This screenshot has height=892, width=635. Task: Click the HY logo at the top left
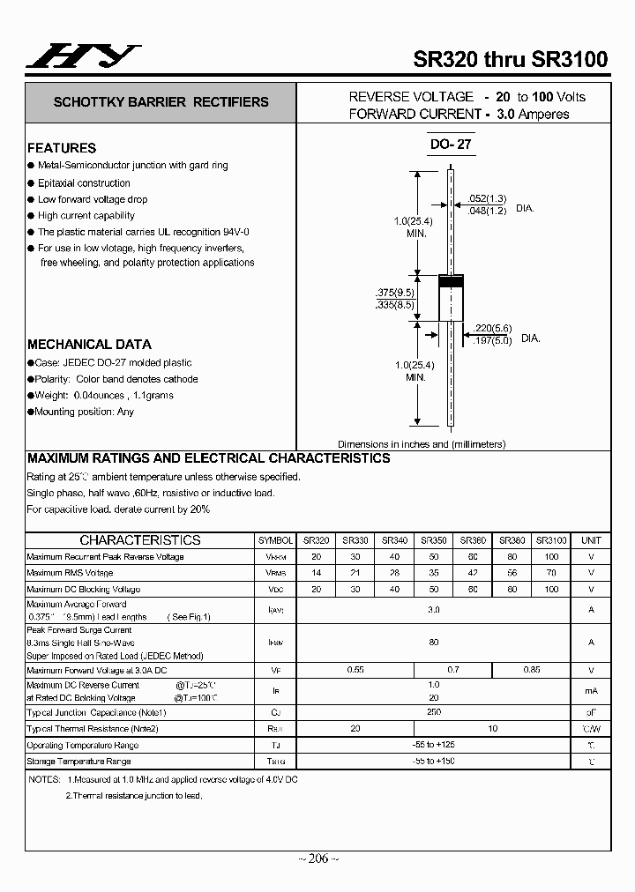tap(82, 56)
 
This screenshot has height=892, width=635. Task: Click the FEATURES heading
tap(62, 148)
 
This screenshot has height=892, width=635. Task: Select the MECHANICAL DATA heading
tap(89, 345)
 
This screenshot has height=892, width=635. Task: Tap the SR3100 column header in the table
tap(551, 540)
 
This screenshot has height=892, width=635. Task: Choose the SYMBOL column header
tap(276, 540)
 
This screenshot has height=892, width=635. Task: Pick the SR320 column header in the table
tap(317, 540)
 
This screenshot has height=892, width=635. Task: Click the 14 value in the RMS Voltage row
tap(317, 573)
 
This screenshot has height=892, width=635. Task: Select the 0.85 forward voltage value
tap(532, 670)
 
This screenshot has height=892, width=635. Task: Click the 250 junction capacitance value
tap(433, 711)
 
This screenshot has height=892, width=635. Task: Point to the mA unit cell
tap(592, 692)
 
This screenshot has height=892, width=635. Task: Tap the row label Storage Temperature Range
tap(83, 761)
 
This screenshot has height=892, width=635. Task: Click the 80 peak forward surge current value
tap(433, 643)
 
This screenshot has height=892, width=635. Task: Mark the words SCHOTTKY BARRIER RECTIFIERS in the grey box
tap(161, 102)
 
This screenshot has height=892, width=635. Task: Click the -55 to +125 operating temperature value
tap(433, 745)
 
